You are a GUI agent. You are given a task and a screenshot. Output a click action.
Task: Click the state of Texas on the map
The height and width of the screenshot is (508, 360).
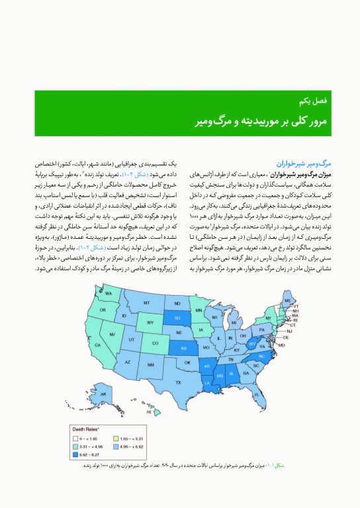click(x=177, y=382)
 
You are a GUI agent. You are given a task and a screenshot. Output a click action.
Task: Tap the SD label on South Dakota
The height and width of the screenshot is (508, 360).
click(x=177, y=317)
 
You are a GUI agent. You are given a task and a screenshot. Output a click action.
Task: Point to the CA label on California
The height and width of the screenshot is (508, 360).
click(x=99, y=345)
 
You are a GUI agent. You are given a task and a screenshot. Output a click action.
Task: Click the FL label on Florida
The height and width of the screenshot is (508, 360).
click(x=257, y=395)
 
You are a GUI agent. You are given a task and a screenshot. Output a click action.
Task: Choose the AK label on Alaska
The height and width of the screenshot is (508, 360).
click(x=103, y=395)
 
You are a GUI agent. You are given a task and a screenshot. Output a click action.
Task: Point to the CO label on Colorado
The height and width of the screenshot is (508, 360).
click(x=155, y=343)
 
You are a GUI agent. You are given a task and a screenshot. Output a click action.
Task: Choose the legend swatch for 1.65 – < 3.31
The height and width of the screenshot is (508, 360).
click(x=116, y=439)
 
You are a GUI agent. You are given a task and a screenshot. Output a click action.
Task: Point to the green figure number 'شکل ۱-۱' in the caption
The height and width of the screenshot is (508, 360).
click(x=281, y=466)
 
